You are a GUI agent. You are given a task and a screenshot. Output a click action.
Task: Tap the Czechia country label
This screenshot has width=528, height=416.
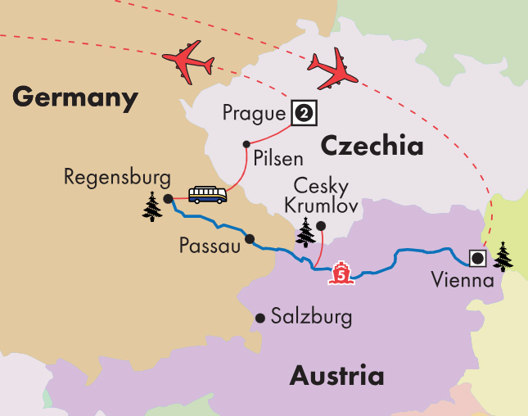pyautogui.click(x=372, y=146)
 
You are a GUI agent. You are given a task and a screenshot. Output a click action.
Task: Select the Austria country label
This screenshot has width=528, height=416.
pyautogui.click(x=336, y=376)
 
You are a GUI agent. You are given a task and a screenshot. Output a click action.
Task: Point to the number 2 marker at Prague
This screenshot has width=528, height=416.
pyautogui.click(x=304, y=113)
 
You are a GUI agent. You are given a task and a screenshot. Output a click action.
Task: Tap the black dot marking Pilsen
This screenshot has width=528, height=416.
pyautogui.click(x=246, y=145)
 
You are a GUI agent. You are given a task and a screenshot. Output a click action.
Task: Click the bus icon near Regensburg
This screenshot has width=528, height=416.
pyautogui.click(x=207, y=195)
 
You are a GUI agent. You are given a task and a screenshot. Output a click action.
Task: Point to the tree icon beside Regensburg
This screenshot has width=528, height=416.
pyautogui.click(x=152, y=206)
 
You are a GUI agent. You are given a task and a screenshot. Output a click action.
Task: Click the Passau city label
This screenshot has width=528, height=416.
pyautogui.click(x=210, y=246)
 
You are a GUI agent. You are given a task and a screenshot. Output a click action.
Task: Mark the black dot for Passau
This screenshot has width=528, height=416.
pyautogui.click(x=250, y=240)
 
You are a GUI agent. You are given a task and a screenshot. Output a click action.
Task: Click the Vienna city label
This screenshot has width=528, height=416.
pyautogui.click(x=463, y=281)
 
